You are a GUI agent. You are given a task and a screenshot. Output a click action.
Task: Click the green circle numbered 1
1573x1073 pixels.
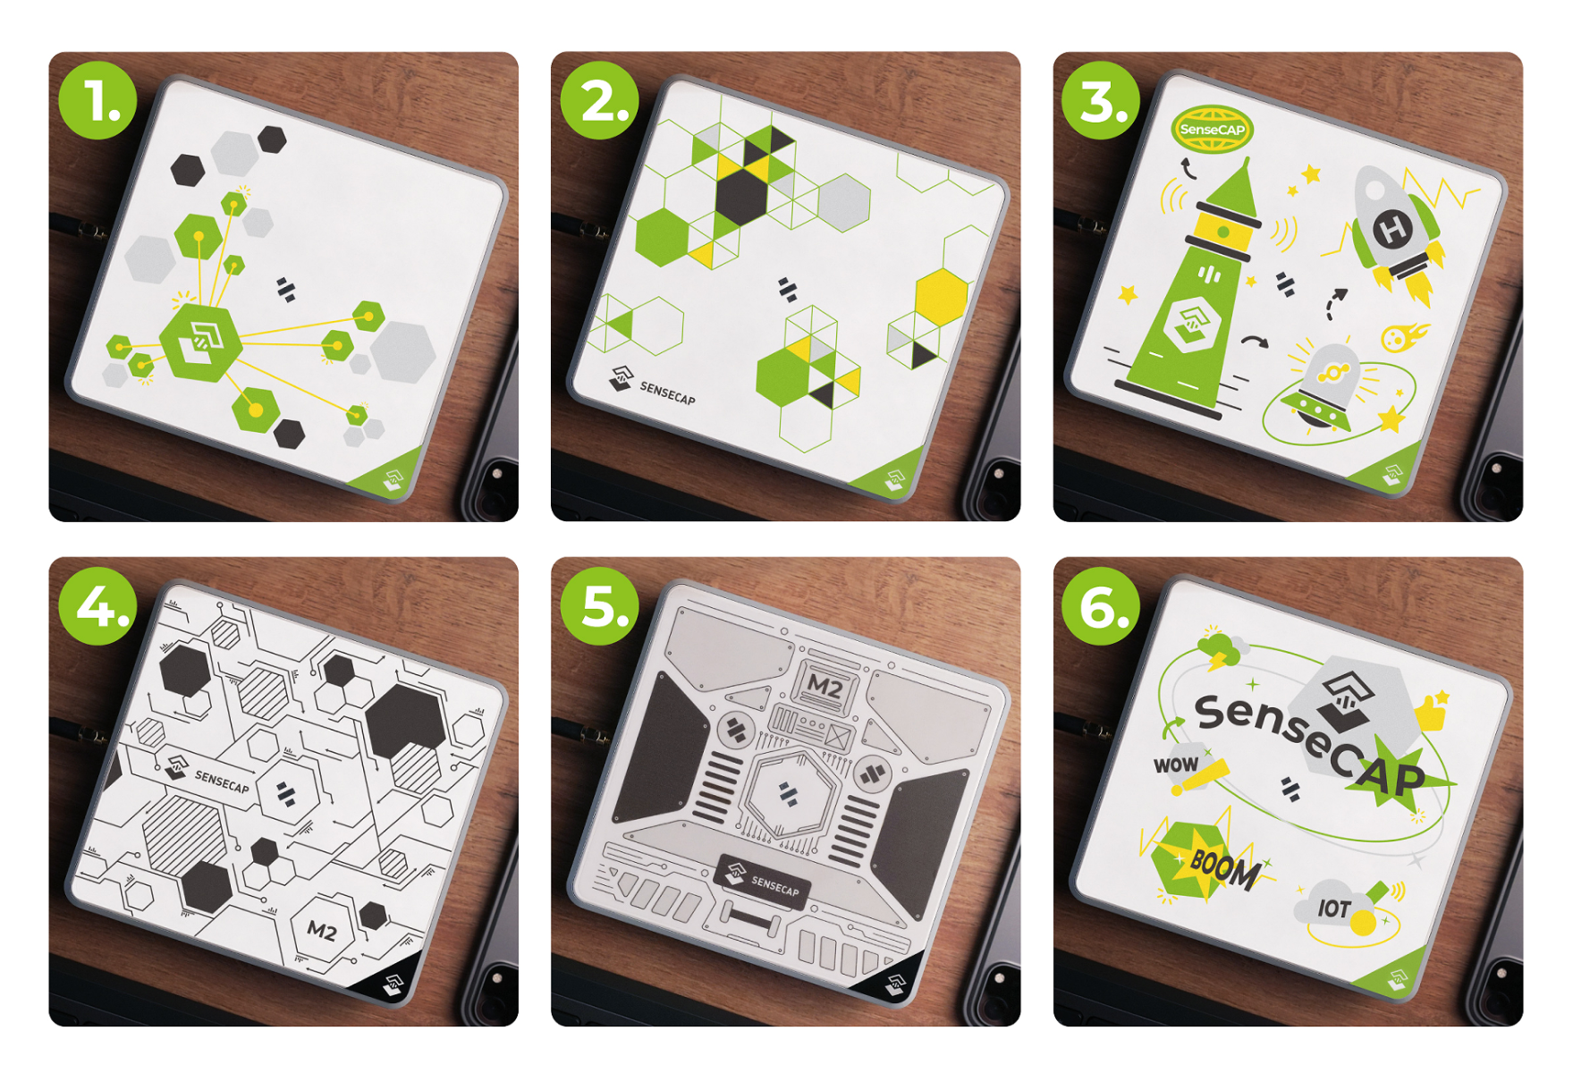98,100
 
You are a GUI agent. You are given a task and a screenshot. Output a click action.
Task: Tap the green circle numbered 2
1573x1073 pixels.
600,100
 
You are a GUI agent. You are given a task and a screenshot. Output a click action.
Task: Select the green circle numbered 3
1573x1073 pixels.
1102,100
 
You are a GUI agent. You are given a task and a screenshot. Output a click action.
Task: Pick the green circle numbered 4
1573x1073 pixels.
98,605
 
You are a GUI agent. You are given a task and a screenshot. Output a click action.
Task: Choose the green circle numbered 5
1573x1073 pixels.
600,605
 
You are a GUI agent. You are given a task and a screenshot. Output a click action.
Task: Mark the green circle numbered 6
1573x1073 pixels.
1102,605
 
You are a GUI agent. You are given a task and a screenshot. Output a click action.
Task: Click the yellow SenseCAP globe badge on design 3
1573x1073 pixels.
1213,130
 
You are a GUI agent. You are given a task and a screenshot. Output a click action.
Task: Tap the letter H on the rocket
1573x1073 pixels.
1393,230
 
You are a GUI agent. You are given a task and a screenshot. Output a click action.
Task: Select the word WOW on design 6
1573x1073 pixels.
1176,765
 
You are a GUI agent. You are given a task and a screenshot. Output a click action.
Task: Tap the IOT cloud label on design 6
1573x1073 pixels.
1334,908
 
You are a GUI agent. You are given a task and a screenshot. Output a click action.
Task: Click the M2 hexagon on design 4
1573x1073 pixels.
323,930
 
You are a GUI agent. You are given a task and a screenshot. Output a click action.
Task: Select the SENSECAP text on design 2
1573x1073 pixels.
667,393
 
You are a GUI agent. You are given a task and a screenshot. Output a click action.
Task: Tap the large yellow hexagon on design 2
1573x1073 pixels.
942,295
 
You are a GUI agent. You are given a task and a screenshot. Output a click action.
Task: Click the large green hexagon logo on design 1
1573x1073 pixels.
200,342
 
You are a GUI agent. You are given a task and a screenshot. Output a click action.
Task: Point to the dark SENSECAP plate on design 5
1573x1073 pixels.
763,881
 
